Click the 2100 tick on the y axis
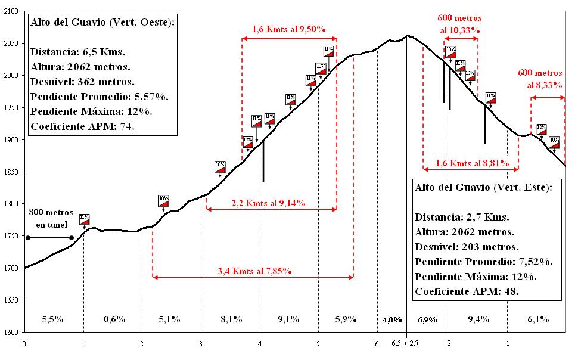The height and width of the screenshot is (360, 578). [10, 11]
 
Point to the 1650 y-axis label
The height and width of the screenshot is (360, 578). [10, 300]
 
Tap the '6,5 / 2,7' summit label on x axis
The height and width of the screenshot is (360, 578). [406, 344]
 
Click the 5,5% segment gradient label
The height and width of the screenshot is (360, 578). [52, 319]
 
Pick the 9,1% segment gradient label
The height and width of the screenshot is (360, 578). [288, 319]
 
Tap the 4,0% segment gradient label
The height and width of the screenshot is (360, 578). [391, 320]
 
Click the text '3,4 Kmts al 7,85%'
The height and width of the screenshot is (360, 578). [254, 271]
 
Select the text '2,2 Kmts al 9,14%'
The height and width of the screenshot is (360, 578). [269, 203]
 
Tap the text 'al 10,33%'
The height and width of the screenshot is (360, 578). [460, 30]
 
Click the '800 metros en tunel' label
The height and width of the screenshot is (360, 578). [52, 218]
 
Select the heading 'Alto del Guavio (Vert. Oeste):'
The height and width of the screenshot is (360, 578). [103, 23]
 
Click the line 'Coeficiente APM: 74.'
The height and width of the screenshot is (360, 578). [83, 126]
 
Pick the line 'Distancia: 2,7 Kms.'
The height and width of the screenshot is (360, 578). [461, 217]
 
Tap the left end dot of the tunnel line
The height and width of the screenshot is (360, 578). [28, 238]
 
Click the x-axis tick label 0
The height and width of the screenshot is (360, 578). [24, 344]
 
